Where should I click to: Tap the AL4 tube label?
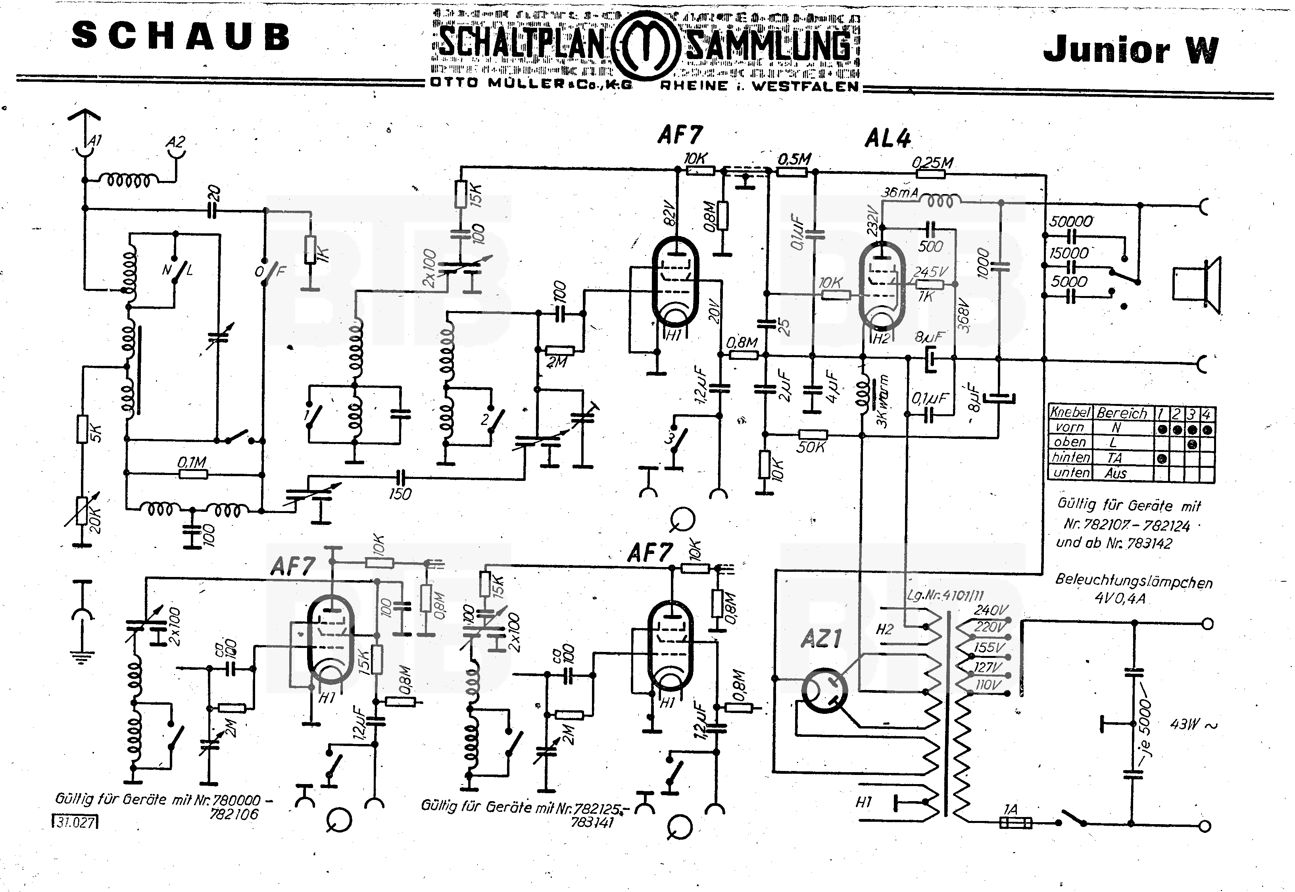pyautogui.click(x=888, y=138)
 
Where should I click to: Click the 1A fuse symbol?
pyautogui.click(x=1014, y=823)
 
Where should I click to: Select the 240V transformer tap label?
pyautogui.click(x=991, y=610)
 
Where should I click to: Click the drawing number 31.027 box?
pyautogui.click(x=75, y=822)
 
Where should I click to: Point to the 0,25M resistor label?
pyautogui.click(x=932, y=163)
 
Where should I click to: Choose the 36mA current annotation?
pyautogui.click(x=899, y=192)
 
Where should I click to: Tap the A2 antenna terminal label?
pyautogui.click(x=175, y=142)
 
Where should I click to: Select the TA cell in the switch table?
pyautogui.click(x=1114, y=458)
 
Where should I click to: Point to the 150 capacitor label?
pyautogui.click(x=400, y=494)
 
